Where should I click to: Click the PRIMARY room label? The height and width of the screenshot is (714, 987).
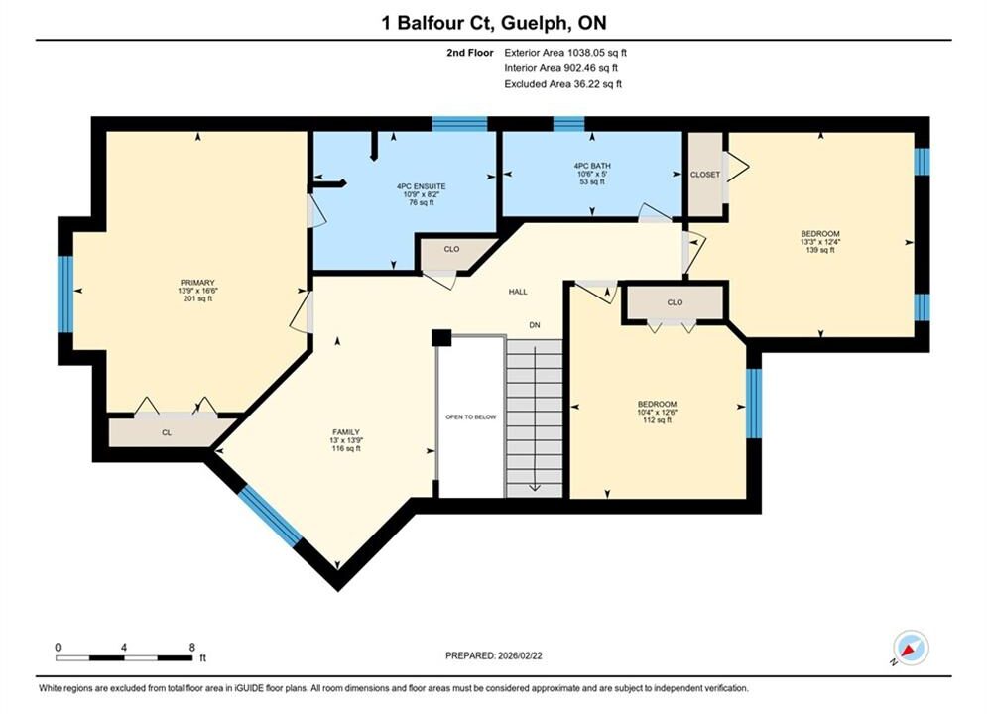[x=197, y=283]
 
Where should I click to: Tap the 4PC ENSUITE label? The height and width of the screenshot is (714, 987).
[x=422, y=186]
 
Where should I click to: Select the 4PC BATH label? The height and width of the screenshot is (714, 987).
[x=591, y=166]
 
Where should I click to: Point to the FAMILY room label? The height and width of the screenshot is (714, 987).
[x=346, y=432]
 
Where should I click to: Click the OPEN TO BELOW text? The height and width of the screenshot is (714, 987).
[x=471, y=417]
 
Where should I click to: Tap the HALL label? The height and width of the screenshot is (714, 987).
[x=518, y=292]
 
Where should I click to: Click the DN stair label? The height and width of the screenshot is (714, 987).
[x=535, y=325]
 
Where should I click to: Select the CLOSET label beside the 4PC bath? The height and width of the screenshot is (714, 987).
[x=705, y=175]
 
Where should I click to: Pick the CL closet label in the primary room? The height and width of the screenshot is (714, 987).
[x=167, y=432]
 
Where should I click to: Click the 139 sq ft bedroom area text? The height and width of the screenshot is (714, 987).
[x=820, y=250]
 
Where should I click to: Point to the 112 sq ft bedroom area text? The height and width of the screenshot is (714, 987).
[x=657, y=420]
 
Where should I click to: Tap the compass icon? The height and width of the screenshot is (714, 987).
[x=911, y=648]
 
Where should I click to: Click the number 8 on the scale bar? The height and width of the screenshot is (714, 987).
[x=192, y=647]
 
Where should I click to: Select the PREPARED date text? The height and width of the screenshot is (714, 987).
[x=494, y=655]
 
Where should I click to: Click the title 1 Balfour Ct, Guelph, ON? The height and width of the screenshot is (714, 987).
[x=494, y=23]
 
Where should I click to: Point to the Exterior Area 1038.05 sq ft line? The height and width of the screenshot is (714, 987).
[x=565, y=53]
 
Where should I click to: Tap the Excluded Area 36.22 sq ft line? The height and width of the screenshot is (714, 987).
[x=562, y=84]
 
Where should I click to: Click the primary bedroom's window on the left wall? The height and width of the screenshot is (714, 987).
[x=65, y=294]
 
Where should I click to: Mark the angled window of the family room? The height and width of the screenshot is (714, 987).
[x=270, y=516]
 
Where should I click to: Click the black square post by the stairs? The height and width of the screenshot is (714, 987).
[x=441, y=338]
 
